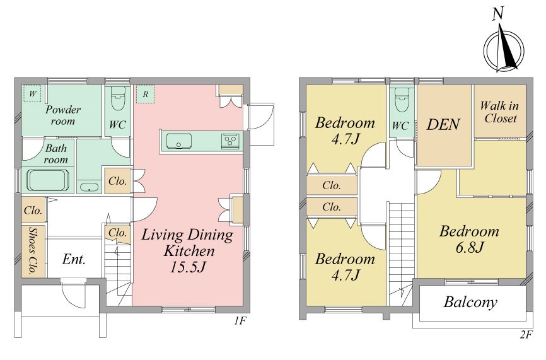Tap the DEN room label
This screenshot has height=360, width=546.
coord(443,124)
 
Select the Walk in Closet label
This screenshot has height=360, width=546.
coord(500,112)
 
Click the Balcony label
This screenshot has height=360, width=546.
coord(470,302)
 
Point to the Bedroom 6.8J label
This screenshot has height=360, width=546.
coord(469,239)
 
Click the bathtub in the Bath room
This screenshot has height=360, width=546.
coord(48,180)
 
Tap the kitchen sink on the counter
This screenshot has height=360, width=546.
coord(178,141)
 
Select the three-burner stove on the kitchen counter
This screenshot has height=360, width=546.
coord(230,141)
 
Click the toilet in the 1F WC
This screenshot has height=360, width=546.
coord(118,98)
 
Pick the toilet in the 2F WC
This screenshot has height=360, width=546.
coord(402,100)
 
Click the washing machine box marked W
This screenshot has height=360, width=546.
coord(32,94)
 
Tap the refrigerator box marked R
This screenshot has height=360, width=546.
coord(146,94)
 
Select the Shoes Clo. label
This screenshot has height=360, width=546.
coord(33,250)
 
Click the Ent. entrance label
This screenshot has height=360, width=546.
coord(74,259)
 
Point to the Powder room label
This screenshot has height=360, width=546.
coord(62,115)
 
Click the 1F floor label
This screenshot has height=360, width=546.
coord(240,320)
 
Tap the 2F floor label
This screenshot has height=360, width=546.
coord(526,335)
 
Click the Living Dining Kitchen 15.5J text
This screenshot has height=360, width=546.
coord(187,250)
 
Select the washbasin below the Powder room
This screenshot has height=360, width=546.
coord(89,187)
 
